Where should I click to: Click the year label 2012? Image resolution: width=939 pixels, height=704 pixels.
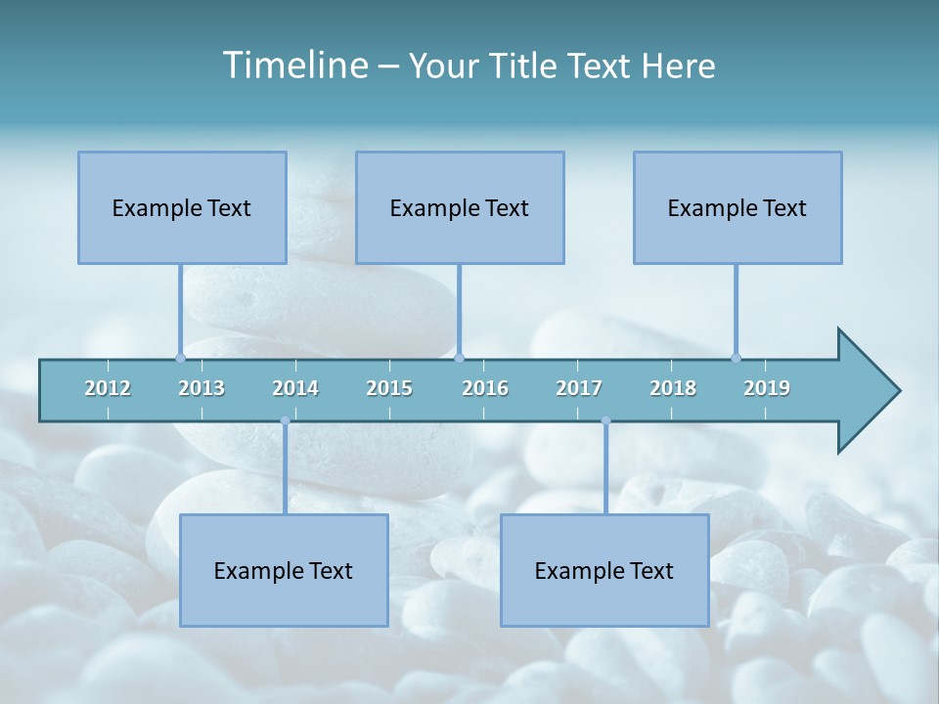coord(108,388)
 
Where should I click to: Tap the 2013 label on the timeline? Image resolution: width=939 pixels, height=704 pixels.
coord(201,388)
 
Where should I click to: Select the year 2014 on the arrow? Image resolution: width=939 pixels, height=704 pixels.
coord(295,388)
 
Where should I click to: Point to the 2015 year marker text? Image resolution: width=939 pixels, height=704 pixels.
coord(389,388)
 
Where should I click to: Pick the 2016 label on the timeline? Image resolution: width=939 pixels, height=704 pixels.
coord(485,388)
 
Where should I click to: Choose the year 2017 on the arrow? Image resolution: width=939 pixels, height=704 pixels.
coord(579,388)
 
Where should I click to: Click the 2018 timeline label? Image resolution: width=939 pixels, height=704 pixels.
coord(673,388)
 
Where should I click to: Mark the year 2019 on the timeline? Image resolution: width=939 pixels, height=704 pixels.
coord(767,388)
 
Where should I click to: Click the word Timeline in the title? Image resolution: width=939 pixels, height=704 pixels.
coord(293,66)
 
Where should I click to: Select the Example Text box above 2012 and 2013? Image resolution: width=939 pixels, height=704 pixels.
coord(182,207)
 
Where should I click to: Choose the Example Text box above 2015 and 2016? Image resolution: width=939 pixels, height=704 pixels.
coord(460,207)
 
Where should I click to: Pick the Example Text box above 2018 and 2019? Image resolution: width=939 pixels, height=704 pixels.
coord(738,207)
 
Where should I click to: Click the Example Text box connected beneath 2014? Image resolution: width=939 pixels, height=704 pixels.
coord(284,570)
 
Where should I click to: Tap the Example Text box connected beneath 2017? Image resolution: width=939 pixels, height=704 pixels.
coord(604,570)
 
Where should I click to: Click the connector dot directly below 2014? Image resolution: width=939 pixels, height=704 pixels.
coord(285,420)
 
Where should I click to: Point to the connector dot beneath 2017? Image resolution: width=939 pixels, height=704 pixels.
coord(605,420)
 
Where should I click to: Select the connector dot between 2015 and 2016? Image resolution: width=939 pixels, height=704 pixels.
coord(459,358)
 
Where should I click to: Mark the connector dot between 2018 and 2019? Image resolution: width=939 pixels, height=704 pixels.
coord(736,358)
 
